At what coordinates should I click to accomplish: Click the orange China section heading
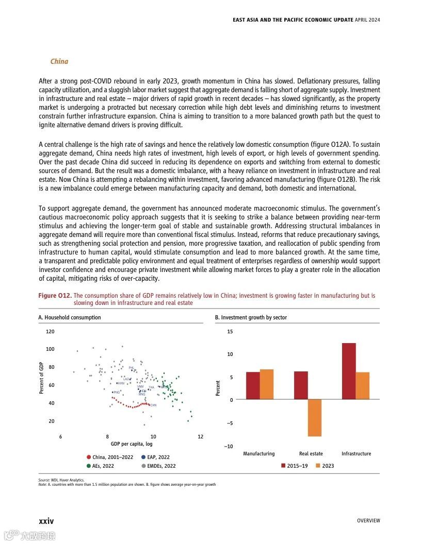click(x=59, y=62)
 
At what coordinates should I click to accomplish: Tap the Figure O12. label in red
click(x=55, y=296)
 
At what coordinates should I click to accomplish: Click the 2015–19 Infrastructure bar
click(x=349, y=371)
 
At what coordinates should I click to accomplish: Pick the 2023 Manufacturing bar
click(x=266, y=384)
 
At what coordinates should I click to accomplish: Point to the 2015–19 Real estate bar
click(x=301, y=385)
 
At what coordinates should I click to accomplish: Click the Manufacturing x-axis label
click(x=258, y=454)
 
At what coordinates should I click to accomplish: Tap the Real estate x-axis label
click(x=311, y=454)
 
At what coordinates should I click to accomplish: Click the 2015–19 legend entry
click(x=295, y=466)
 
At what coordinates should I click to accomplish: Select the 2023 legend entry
click(x=325, y=466)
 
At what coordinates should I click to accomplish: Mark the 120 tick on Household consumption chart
click(x=50, y=332)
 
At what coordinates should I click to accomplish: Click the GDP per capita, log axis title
click(x=131, y=444)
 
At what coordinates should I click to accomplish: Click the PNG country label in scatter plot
click(x=116, y=392)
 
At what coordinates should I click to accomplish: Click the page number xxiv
click(x=46, y=521)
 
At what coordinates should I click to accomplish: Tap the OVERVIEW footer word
click(x=368, y=521)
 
